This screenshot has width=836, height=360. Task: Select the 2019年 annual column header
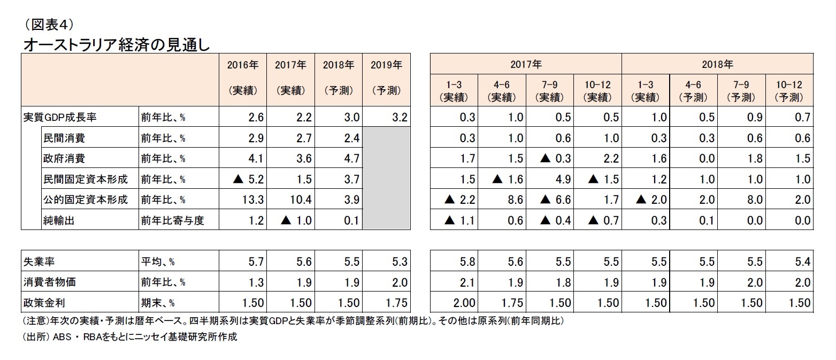coord(386,65)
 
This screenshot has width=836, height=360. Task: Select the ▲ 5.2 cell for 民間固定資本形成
coord(248,179)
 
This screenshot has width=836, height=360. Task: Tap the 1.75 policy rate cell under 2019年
coord(395,303)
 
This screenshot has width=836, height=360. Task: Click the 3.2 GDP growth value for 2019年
coord(399,118)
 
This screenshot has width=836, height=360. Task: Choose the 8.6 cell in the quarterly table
coord(515,200)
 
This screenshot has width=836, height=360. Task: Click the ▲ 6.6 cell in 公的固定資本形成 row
coord(556,200)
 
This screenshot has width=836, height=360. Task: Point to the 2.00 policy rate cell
coord(463,303)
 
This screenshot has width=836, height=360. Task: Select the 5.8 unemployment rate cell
coord(467,262)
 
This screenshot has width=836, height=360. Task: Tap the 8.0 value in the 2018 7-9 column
coord(755,200)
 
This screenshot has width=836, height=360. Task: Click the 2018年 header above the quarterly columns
coord(717,65)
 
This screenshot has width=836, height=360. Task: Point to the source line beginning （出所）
coord(128,337)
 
